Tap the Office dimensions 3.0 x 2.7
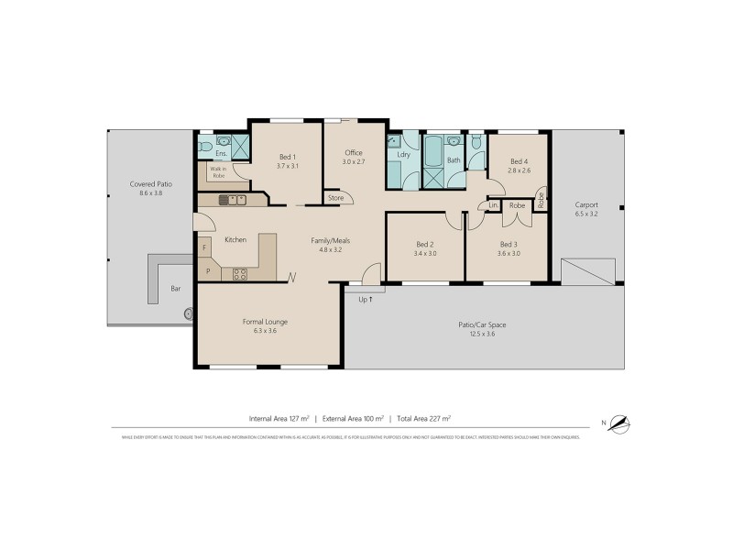point(354,162)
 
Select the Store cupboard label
point(335,197)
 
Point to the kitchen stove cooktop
point(240,272)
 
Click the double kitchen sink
point(237,198)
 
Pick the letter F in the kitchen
point(204,248)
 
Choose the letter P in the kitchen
point(207,271)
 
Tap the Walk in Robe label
point(218,171)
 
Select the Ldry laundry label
point(403,155)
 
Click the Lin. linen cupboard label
point(494,205)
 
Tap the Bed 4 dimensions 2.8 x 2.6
point(519,170)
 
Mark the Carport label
point(586,204)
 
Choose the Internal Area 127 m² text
point(279,418)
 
